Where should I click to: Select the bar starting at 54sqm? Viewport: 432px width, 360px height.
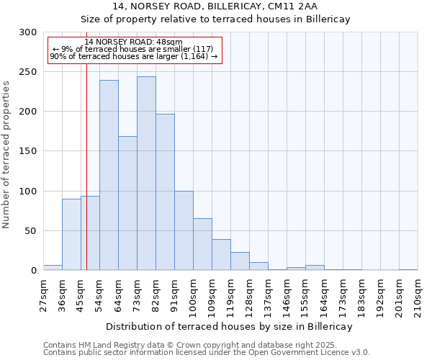(x=109, y=175)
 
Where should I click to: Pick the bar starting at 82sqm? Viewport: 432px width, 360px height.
(x=165, y=192)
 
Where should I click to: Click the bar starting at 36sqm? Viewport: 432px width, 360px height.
(x=71, y=235)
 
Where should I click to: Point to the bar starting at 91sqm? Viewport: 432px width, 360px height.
(x=184, y=230)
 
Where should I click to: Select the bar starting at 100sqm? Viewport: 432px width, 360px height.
(x=202, y=244)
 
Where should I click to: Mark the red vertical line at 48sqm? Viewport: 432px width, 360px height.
(x=86, y=166)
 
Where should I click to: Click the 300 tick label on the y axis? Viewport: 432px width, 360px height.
(x=27, y=32)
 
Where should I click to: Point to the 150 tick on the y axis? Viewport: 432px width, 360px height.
(x=27, y=151)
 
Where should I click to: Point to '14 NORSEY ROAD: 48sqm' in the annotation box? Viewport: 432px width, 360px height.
(x=133, y=42)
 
